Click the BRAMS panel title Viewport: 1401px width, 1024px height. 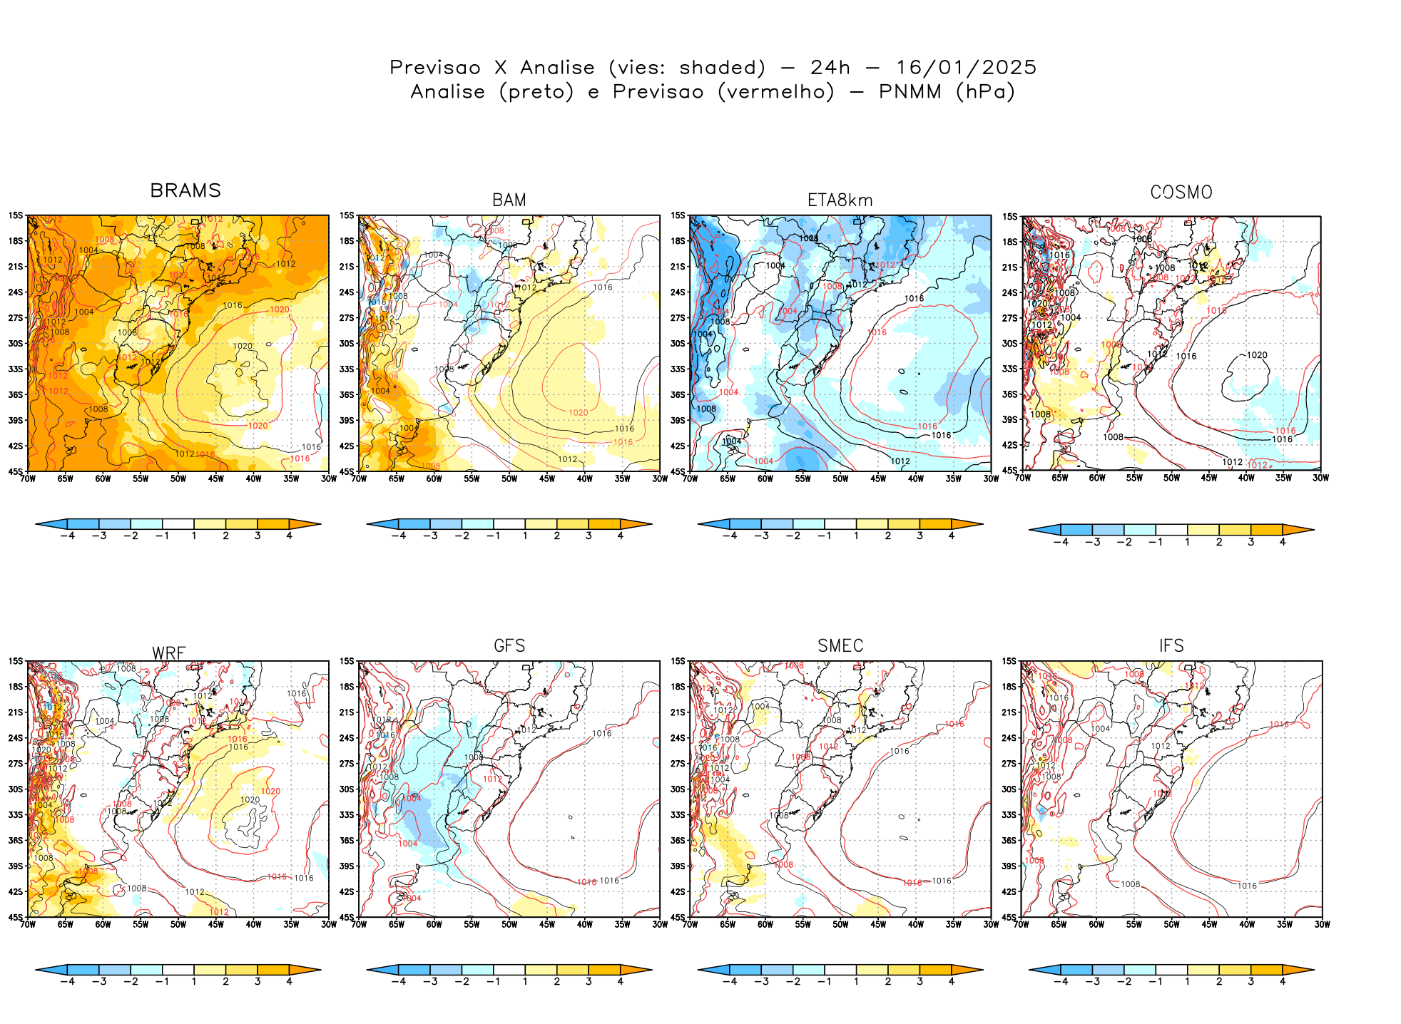click(x=185, y=190)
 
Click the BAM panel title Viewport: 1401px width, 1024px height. click(x=509, y=200)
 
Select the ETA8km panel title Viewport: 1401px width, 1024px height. click(x=840, y=200)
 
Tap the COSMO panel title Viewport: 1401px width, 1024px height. click(x=1181, y=193)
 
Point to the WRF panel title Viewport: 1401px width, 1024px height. click(x=169, y=653)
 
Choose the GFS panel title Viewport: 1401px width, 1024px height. click(x=509, y=646)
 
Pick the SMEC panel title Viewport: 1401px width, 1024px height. click(x=840, y=646)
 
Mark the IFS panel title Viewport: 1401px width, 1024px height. click(x=1171, y=646)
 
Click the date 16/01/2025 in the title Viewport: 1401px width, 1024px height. click(x=966, y=68)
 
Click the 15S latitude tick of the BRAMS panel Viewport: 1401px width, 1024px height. click(x=16, y=215)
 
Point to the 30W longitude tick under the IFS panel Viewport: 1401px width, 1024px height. click(x=1322, y=924)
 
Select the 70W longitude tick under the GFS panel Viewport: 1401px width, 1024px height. click(x=359, y=924)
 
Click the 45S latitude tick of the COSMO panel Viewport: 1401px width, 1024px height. click(x=1009, y=471)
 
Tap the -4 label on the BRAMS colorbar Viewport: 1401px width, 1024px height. click(x=68, y=536)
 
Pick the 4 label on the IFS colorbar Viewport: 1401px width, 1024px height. click(x=1283, y=981)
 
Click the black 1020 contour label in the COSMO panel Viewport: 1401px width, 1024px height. click(x=1257, y=355)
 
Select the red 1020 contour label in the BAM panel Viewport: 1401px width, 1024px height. click(x=579, y=412)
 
